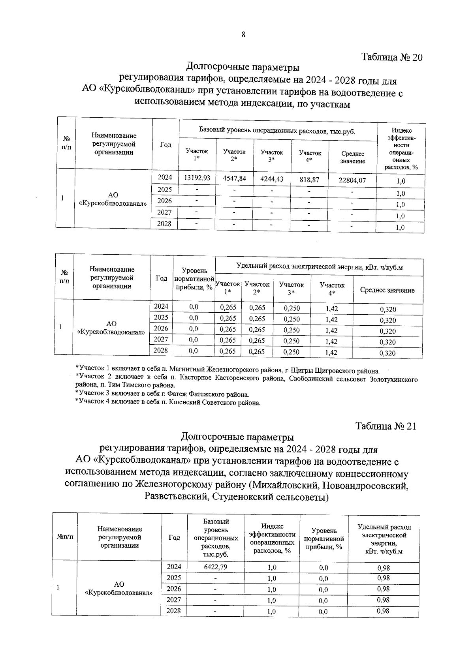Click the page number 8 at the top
click(243, 35)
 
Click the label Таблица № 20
click(392, 57)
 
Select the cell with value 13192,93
click(197, 178)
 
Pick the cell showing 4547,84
click(234, 178)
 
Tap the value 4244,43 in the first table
click(272, 179)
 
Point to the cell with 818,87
click(309, 179)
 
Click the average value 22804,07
click(352, 180)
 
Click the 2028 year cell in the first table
click(165, 224)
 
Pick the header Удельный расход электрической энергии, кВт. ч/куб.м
click(319, 267)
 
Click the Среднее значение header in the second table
click(387, 290)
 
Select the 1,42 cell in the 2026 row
click(331, 330)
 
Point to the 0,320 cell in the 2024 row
click(387, 310)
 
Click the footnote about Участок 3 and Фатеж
click(162, 394)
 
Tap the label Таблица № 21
click(386, 426)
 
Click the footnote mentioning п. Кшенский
click(167, 403)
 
